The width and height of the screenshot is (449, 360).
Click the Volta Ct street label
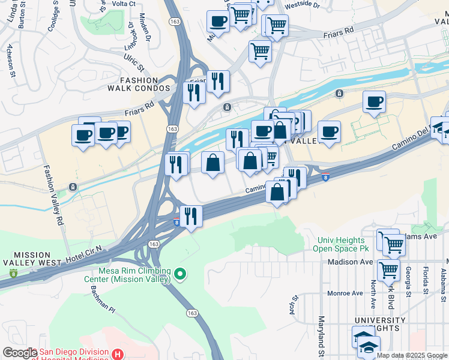(x=124, y=4)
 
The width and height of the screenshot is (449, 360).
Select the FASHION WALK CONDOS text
(x=130, y=84)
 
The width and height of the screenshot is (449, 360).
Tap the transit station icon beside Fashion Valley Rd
(x=73, y=187)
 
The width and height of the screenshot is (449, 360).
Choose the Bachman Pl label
(x=103, y=299)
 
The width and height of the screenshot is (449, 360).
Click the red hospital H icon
(x=118, y=355)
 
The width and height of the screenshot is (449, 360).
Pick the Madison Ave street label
(x=350, y=262)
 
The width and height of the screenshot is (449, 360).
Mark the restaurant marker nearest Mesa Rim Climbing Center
(x=191, y=217)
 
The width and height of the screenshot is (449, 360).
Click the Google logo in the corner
(x=20, y=353)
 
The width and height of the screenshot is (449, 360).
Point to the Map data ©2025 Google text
(x=412, y=355)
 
